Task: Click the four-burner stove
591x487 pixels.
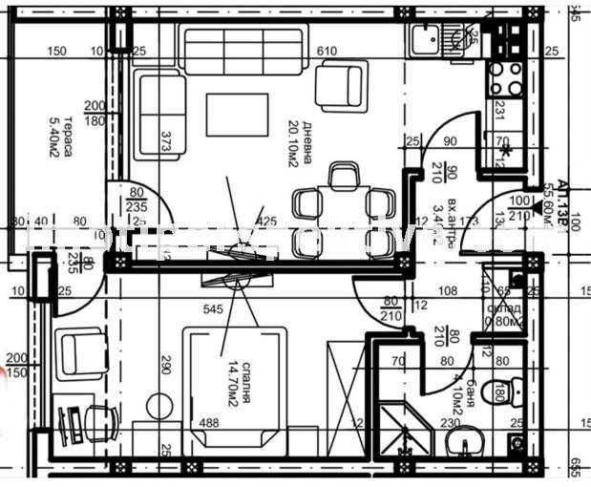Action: click(506, 79)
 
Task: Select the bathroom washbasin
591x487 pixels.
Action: click(467, 443)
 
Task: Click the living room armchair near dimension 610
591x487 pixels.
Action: click(337, 84)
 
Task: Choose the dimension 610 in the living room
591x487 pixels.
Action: click(327, 51)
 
